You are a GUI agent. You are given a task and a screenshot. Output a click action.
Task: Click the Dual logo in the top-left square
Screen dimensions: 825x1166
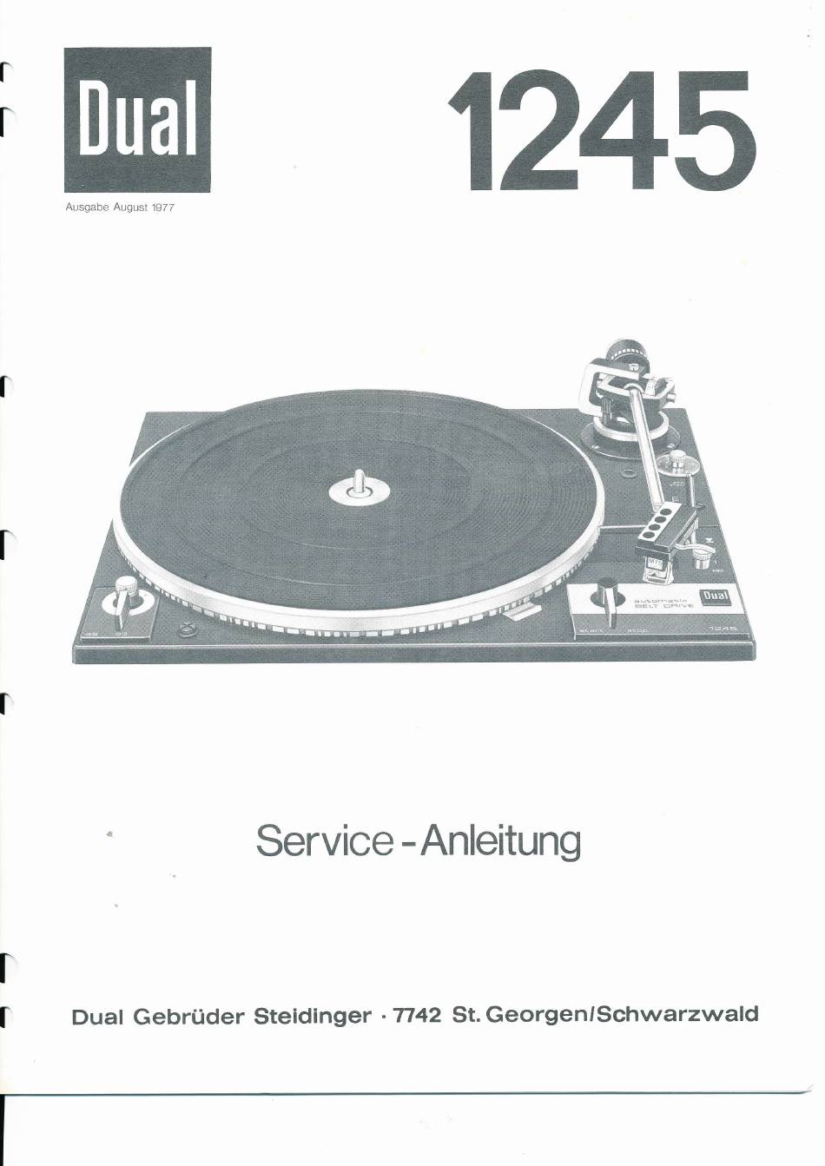[137, 120]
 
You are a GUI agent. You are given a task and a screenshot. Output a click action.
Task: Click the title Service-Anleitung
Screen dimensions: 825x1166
[418, 841]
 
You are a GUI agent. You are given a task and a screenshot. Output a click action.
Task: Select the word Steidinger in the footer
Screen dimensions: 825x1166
[312, 1016]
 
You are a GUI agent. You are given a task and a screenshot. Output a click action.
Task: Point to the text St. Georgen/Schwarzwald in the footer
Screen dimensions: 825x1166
[605, 1014]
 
